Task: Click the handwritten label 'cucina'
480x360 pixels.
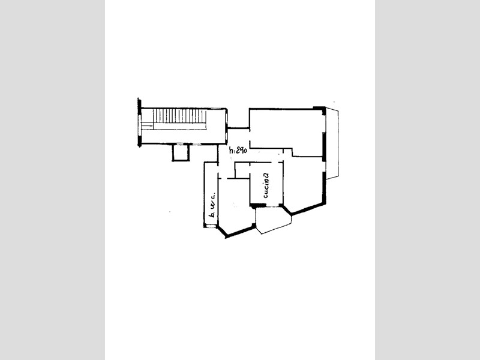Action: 266,185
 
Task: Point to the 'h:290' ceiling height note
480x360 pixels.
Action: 238,151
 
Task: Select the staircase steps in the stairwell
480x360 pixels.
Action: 179,116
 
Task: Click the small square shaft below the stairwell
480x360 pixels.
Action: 181,152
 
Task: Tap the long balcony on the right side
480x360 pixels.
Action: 332,143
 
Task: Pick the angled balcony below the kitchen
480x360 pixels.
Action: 273,220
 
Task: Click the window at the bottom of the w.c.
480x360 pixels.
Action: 211,226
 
